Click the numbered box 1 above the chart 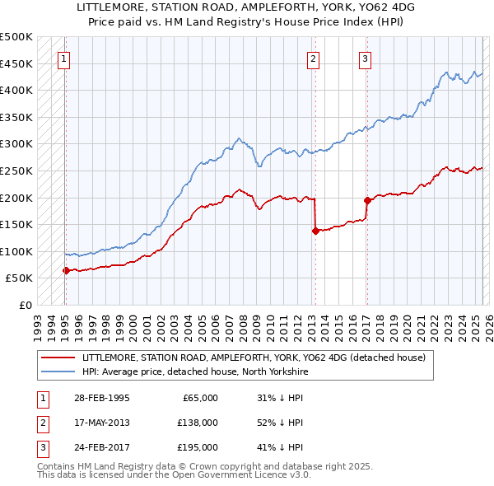[x=63, y=58]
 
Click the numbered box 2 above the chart [x=314, y=58]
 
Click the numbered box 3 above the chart [x=365, y=58]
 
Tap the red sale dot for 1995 [x=66, y=270]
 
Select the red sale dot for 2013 [x=315, y=231]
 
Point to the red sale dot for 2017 [x=367, y=200]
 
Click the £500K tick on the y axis [x=17, y=37]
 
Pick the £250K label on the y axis [x=17, y=171]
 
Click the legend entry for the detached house [x=254, y=357]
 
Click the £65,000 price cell [x=200, y=397]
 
